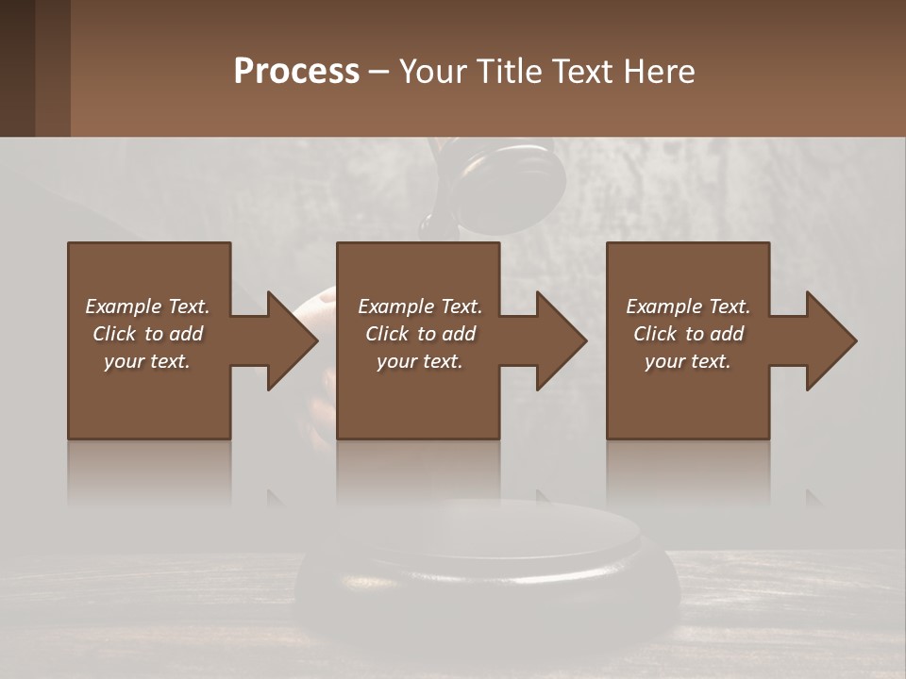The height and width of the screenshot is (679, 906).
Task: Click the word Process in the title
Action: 296,71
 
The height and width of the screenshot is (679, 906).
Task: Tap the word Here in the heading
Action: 659,71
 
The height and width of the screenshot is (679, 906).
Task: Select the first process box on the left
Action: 149,396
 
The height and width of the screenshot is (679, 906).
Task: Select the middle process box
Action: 418,396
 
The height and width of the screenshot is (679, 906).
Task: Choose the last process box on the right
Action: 687,396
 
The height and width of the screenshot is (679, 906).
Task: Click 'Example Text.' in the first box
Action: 147,306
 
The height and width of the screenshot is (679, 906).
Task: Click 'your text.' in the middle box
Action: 419,361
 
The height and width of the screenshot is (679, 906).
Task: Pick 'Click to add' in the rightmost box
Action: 688,334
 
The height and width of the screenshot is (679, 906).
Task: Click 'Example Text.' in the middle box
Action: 419,306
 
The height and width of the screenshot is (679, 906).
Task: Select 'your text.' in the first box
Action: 147,361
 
